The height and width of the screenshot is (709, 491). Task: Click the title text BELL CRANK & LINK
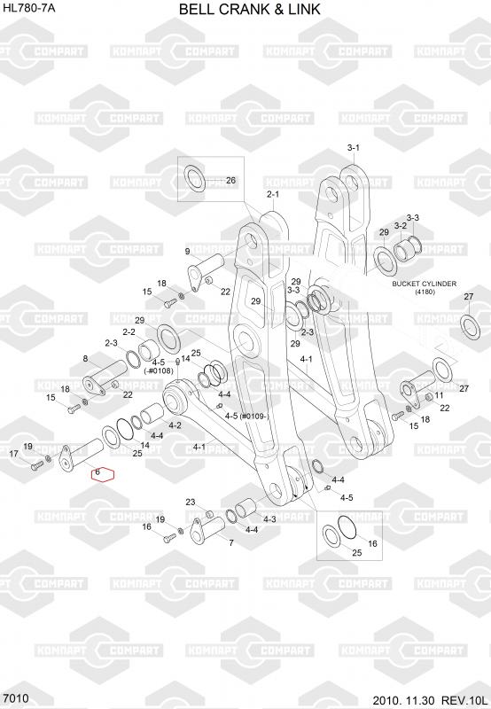coord(250,9)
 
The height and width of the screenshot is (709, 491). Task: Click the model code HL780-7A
coord(29,7)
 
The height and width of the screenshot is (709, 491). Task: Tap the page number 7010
coord(16,698)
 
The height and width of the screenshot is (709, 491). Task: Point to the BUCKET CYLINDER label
coord(424,284)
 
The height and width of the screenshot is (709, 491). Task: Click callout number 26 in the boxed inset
coord(230,181)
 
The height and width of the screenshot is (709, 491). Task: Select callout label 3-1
coord(353,147)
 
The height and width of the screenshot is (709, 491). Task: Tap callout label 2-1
coord(273,194)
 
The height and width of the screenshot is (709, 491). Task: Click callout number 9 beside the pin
coord(187,252)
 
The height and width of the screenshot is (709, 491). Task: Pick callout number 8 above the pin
coord(85,359)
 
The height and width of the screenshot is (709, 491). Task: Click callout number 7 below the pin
coord(231,542)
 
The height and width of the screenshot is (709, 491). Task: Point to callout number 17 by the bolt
coord(14,453)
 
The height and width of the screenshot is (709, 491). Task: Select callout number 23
coord(191,502)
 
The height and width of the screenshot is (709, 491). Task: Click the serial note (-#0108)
coord(159,370)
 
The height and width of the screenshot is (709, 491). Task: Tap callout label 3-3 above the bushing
coord(412,217)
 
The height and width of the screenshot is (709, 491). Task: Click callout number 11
coord(439,395)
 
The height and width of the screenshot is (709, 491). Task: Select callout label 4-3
coord(269,519)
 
